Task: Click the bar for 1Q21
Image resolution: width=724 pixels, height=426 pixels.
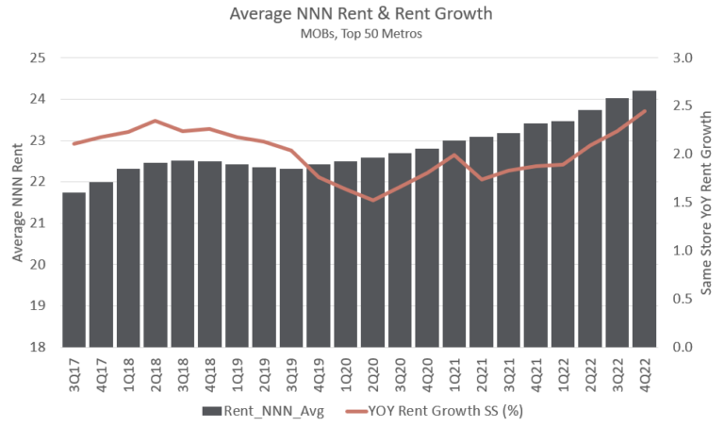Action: click(454, 243)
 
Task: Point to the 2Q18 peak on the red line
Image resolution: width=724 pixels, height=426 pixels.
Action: click(155, 121)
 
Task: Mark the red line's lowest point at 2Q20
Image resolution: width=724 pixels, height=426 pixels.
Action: click(372, 200)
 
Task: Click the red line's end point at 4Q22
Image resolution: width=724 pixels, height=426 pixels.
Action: click(644, 111)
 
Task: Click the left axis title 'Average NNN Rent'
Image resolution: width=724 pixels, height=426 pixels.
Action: click(16, 202)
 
